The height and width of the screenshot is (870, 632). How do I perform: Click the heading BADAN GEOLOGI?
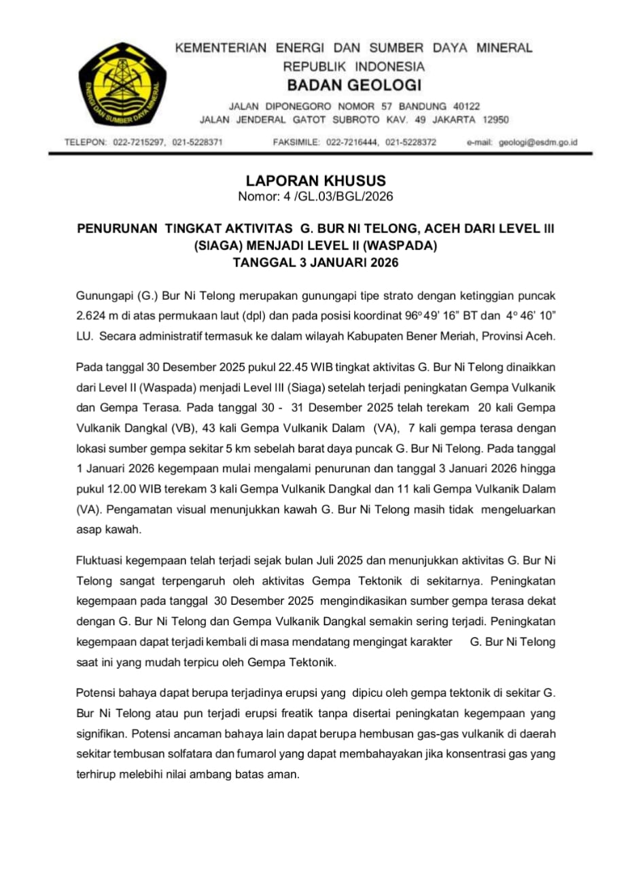tap(354, 86)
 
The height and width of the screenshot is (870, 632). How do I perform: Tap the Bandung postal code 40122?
tap(466, 107)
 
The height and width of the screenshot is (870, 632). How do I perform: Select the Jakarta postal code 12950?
tap(495, 120)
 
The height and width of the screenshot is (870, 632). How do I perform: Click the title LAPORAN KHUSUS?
tap(316, 181)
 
